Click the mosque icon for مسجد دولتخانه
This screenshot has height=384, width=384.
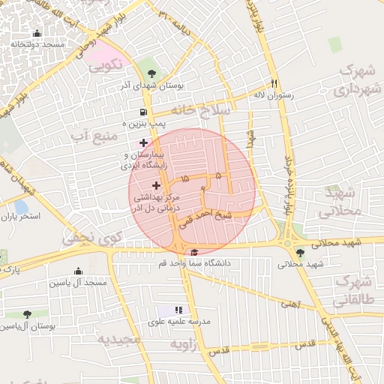(37, 34)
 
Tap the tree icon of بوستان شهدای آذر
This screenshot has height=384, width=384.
(153, 73)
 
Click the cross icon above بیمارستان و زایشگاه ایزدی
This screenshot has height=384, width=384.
(143, 142)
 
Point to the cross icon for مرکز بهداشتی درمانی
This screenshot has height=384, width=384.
(157, 185)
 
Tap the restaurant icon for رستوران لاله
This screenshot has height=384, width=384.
(274, 83)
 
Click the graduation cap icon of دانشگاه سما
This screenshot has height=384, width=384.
(195, 252)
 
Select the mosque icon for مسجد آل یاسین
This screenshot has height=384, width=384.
(78, 271)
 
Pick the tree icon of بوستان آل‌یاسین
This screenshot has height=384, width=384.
(27, 315)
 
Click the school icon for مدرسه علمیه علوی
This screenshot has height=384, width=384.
(178, 310)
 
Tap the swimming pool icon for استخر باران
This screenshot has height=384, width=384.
(20, 205)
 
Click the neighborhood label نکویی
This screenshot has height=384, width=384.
(105, 67)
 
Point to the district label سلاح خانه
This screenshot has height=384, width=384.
(202, 109)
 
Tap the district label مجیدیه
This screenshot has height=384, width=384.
(120, 339)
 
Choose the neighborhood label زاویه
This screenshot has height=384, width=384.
(184, 344)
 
